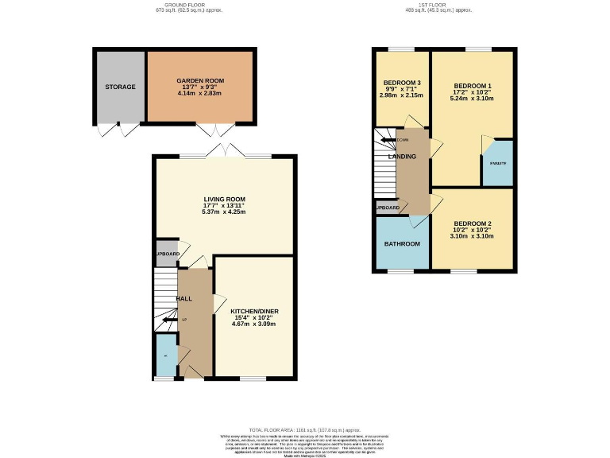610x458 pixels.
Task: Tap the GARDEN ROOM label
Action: click(x=200, y=80)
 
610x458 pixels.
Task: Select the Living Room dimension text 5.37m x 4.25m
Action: click(x=223, y=212)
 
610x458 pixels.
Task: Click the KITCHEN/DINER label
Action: click(x=254, y=311)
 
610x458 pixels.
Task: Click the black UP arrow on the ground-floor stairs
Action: click(x=169, y=320)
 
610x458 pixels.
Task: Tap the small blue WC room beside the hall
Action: click(x=165, y=356)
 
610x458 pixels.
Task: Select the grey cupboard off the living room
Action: click(x=167, y=253)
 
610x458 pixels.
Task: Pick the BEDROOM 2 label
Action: click(x=473, y=223)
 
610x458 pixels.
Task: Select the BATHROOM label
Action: click(x=401, y=243)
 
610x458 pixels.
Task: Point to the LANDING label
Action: click(x=402, y=157)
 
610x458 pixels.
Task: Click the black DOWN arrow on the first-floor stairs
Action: click(x=389, y=140)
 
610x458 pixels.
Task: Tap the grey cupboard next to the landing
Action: click(x=388, y=208)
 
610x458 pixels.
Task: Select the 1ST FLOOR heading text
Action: click(x=438, y=4)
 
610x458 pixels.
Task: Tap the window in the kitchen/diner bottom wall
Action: click(x=253, y=378)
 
